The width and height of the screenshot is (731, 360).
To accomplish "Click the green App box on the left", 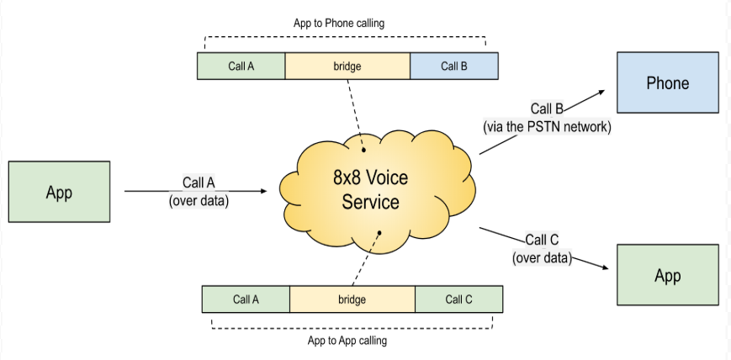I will point(59,192).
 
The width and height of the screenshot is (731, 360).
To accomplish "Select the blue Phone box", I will point(668,82).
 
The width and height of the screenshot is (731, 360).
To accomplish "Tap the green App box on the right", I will point(668,275).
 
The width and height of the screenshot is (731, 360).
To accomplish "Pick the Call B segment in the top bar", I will point(453,66).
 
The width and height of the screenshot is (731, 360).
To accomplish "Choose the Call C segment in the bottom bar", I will point(458,299).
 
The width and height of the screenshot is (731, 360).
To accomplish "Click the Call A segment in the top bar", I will point(241,66).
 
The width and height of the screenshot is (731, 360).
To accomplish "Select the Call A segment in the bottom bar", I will point(246,299).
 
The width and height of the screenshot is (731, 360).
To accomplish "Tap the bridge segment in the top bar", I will point(347,66).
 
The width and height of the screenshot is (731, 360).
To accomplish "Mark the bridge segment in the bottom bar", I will point(352,299).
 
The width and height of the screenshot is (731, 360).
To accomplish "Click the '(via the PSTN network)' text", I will point(547,127).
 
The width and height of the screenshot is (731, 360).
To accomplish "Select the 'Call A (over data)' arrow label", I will point(199,192).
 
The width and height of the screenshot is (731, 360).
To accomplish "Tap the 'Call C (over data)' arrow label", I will point(542,250).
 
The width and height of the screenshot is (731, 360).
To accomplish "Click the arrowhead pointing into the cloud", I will point(262,192).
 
